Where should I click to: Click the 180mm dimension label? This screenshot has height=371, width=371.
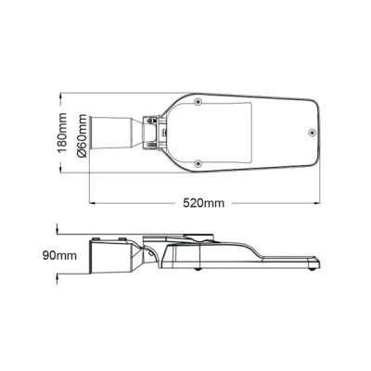tap(63, 132)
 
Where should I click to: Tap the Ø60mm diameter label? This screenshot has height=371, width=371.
tap(83, 135)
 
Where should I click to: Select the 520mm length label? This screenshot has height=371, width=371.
tap(203, 203)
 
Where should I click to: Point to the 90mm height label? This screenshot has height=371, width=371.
tap(59, 256)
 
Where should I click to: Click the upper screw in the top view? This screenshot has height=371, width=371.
tap(198, 101)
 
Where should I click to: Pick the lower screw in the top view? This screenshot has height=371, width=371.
tap(198, 162)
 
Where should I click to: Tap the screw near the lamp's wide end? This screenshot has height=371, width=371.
tap(312, 132)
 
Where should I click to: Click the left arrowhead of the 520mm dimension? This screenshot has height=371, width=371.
tap(92, 203)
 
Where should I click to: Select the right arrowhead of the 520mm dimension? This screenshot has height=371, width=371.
tap(317, 203)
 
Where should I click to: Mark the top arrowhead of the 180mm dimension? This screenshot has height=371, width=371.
tap(60, 96)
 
